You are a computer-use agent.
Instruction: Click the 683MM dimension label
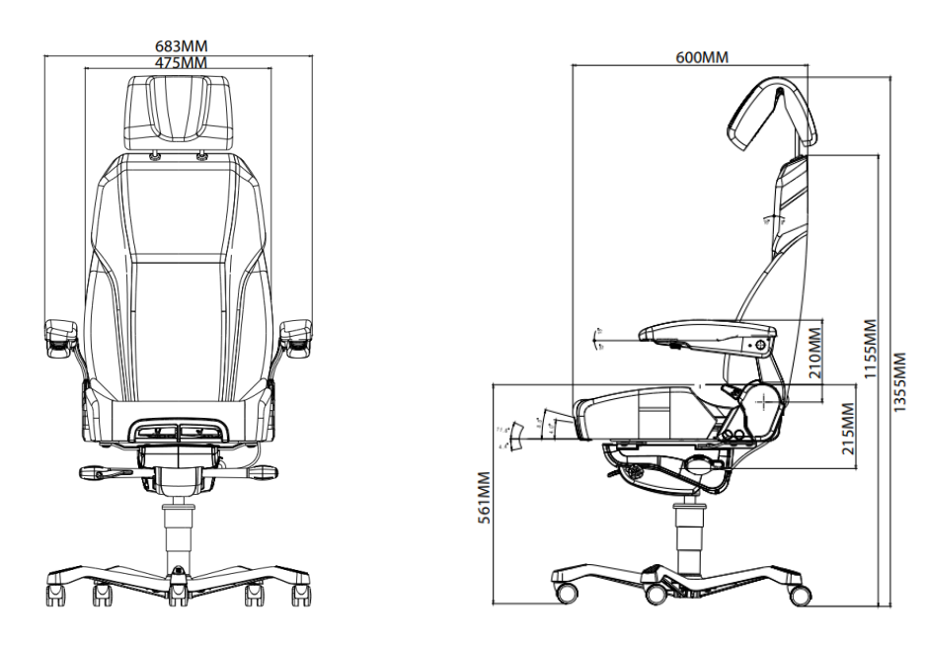(182, 46)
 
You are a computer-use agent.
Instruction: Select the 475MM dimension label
(182, 62)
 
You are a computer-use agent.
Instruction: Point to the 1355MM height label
(899, 383)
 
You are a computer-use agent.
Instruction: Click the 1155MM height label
(870, 351)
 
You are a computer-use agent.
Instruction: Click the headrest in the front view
(180, 112)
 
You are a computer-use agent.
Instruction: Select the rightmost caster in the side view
(800, 595)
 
